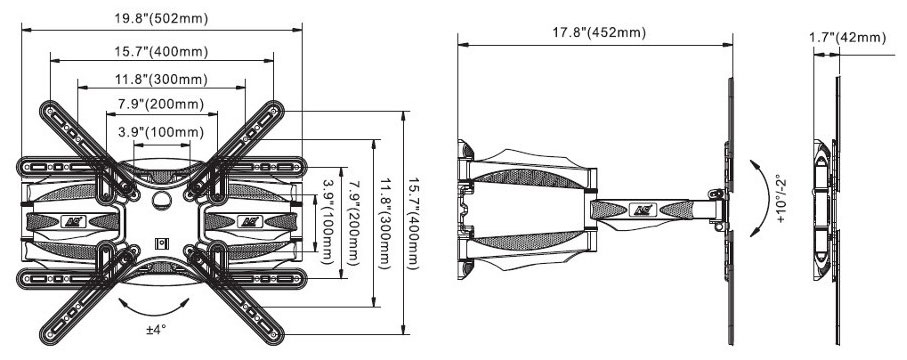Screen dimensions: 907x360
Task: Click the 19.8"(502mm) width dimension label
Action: (161, 19)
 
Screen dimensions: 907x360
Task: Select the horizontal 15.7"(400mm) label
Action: (161, 52)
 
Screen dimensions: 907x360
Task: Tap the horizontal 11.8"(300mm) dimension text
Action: (161, 79)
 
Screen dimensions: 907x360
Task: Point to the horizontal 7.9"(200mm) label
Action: (161, 105)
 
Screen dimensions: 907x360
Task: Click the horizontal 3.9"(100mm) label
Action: (161, 133)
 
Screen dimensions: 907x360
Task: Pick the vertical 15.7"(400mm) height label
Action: (411, 222)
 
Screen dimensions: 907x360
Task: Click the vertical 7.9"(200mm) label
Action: (355, 223)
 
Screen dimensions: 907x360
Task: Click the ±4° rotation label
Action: (156, 329)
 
